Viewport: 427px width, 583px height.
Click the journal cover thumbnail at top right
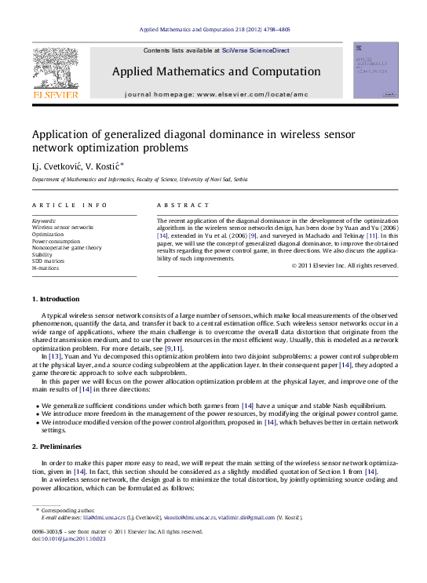tap(375, 71)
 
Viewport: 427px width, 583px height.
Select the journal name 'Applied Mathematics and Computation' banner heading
tap(216, 71)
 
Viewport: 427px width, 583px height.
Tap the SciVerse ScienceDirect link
tap(255, 50)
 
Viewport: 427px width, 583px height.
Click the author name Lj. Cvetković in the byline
tap(57, 166)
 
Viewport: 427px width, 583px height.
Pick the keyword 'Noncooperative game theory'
tap(67, 247)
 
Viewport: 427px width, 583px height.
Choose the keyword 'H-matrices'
tap(46, 268)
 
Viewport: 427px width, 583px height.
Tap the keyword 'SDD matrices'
tap(49, 261)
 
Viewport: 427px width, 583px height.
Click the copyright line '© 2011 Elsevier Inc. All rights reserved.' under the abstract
tap(345, 265)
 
